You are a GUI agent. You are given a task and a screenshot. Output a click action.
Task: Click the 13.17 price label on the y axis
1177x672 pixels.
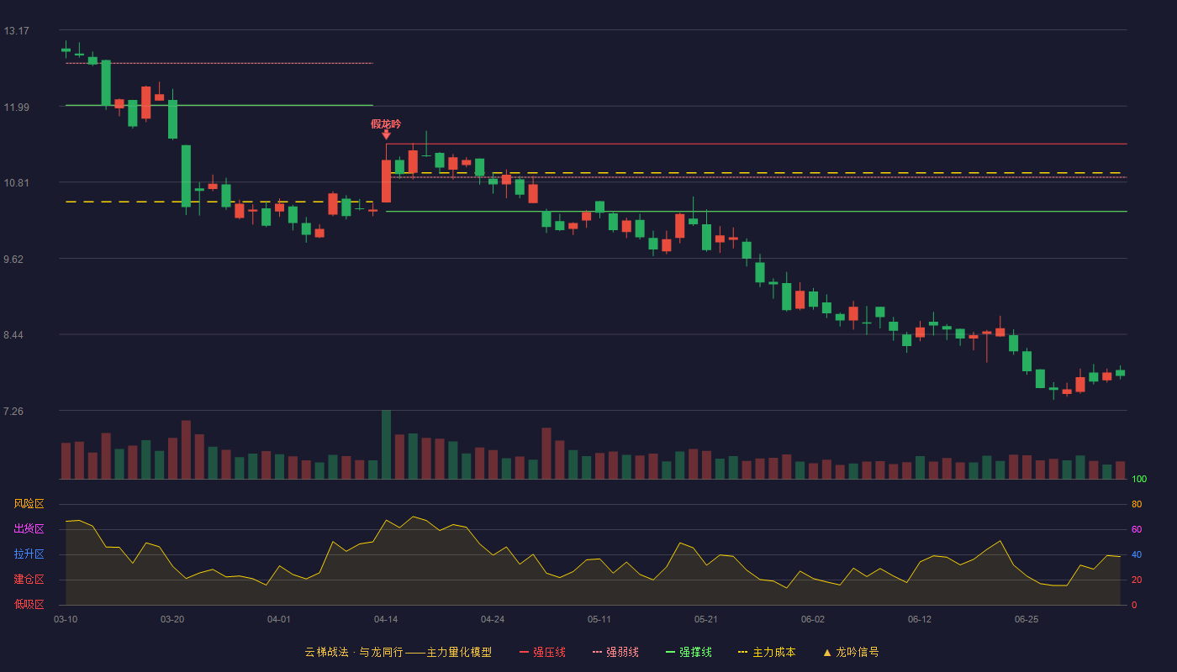[16, 31]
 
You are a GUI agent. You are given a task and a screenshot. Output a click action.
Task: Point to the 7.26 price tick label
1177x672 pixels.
[13, 412]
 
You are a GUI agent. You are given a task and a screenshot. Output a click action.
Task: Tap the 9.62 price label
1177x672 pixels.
[13, 260]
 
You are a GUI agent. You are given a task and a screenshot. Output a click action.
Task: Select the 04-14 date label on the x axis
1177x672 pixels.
[386, 620]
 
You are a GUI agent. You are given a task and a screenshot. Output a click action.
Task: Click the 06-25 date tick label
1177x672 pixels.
[1027, 620]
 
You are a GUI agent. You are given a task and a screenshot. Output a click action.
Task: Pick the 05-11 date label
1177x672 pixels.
[599, 620]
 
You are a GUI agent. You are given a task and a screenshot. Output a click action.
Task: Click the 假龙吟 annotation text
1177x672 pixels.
[386, 124]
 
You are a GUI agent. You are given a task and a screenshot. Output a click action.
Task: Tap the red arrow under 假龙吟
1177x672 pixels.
[386, 135]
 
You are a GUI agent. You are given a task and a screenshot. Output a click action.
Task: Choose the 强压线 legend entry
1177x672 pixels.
[542, 652]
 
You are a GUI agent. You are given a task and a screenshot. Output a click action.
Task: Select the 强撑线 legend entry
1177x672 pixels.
[689, 652]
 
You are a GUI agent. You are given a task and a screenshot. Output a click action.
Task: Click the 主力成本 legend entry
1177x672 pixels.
[767, 652]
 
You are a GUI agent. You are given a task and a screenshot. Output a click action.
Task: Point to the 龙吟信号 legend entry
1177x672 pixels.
[851, 652]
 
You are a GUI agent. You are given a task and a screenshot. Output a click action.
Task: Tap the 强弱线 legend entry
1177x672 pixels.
[615, 652]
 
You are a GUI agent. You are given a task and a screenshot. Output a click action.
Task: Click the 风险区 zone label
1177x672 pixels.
[29, 504]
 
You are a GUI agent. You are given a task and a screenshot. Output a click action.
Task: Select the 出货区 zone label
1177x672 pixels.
[29, 528]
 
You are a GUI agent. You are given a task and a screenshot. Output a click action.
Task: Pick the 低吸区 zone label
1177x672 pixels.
[29, 604]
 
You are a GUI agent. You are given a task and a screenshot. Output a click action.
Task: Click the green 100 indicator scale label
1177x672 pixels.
[1139, 479]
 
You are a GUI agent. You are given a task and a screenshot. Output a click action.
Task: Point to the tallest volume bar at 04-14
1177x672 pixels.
[386, 444]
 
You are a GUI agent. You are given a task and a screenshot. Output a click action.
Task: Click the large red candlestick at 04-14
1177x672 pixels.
[386, 181]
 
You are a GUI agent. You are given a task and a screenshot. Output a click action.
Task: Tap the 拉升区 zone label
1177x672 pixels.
[29, 554]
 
